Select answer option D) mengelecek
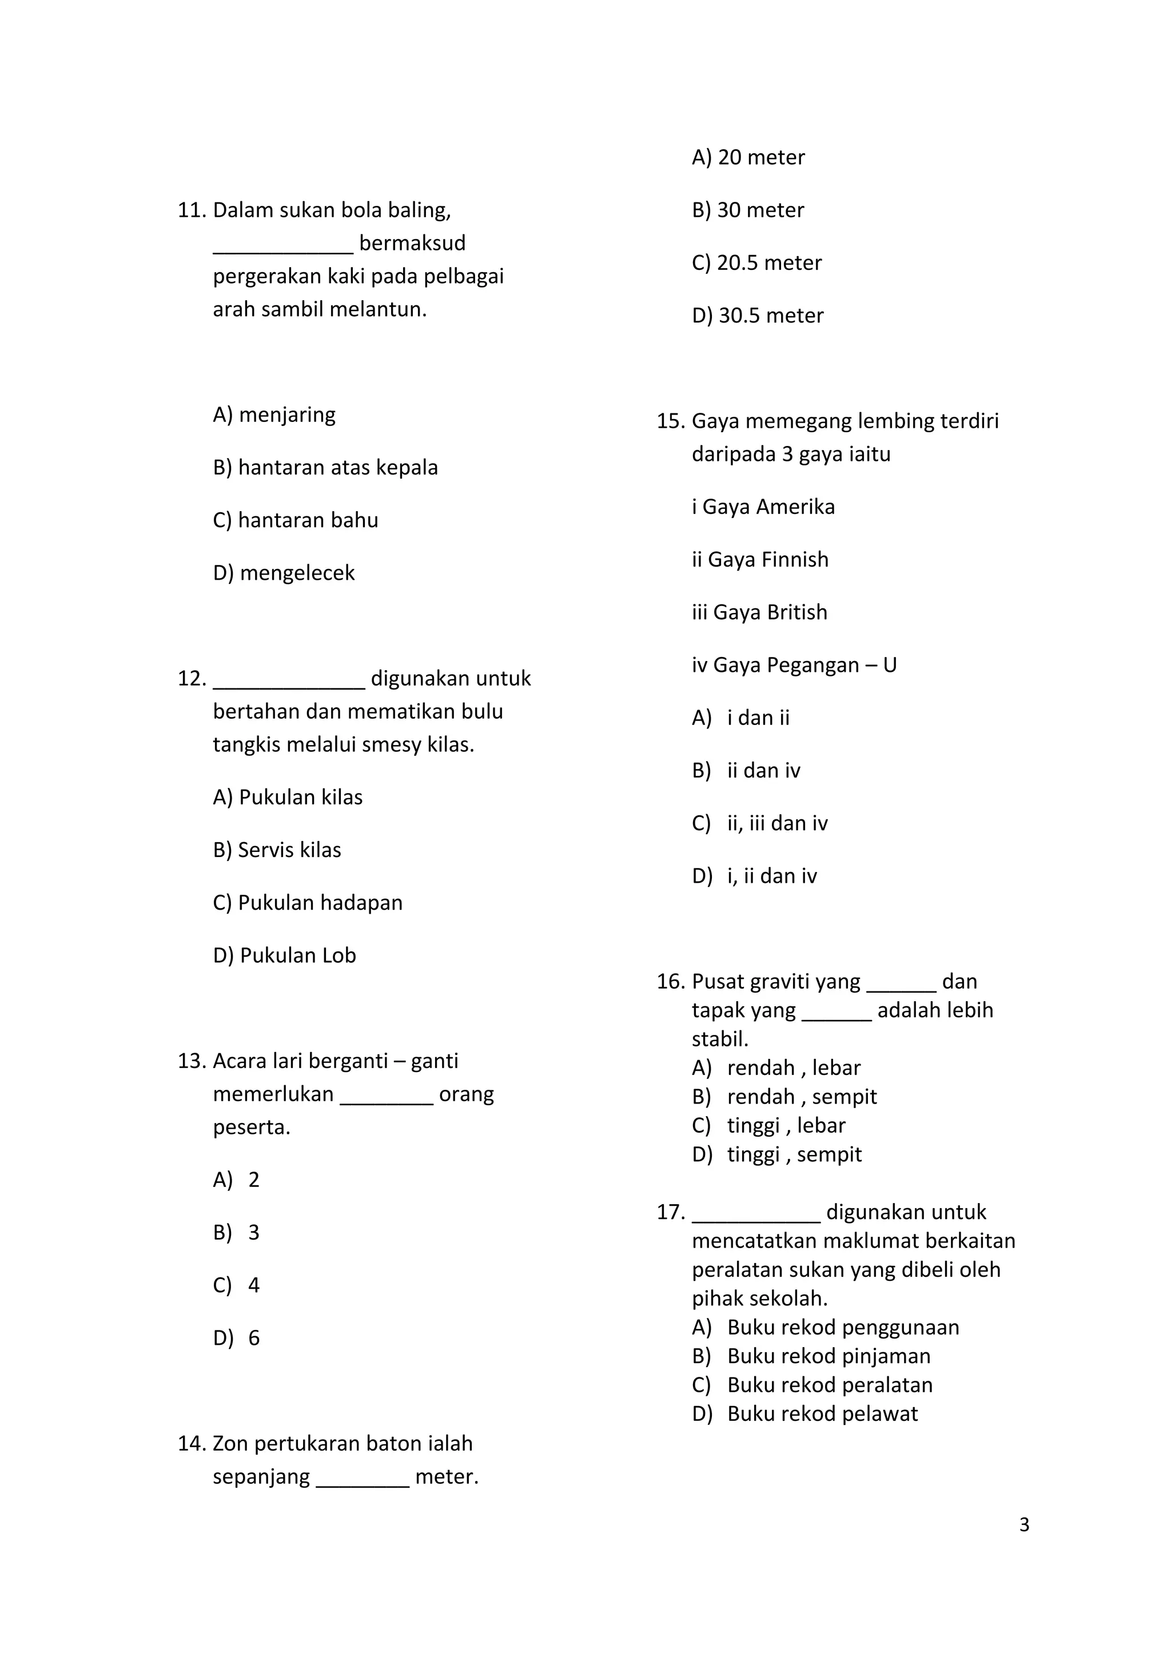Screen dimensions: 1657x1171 click(x=284, y=573)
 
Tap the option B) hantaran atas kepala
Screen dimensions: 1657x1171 click(x=325, y=468)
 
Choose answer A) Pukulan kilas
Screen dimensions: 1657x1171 click(x=287, y=798)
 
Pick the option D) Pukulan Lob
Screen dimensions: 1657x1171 click(x=284, y=955)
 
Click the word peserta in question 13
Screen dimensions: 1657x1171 click(x=251, y=1128)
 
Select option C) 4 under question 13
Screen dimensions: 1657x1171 click(x=236, y=1285)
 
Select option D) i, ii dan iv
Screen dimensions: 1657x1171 click(x=754, y=876)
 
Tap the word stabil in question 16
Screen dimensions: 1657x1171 click(x=719, y=1039)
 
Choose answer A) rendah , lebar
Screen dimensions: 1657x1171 click(x=776, y=1068)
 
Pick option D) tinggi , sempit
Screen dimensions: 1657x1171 click(x=776, y=1155)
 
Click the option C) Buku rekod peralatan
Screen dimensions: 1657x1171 click(x=812, y=1385)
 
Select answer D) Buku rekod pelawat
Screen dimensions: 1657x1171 click(x=804, y=1414)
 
